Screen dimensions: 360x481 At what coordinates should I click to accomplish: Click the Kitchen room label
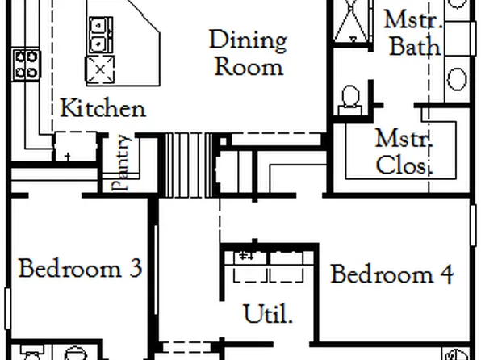[x=103, y=107]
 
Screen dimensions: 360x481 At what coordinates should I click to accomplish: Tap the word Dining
[x=247, y=40]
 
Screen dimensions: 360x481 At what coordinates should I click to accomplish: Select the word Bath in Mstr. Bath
[x=415, y=46]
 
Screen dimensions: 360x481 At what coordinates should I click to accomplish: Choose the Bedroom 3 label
[x=80, y=268]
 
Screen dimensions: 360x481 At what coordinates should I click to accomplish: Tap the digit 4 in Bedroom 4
[x=445, y=274]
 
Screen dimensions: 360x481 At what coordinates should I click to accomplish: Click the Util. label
[x=268, y=313]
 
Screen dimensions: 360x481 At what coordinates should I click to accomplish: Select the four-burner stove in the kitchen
[x=25, y=64]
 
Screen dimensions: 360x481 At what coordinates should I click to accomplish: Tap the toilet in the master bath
[x=351, y=98]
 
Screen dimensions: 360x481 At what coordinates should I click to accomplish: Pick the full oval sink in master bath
[x=457, y=79]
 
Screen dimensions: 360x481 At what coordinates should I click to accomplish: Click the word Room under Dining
[x=248, y=65]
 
